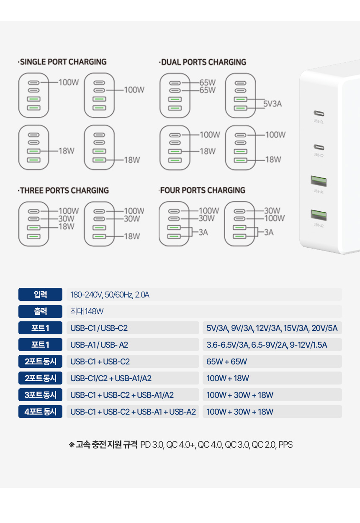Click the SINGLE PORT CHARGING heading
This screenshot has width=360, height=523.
click(62, 62)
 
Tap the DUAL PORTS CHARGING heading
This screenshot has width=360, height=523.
click(203, 62)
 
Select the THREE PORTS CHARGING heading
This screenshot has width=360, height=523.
click(63, 190)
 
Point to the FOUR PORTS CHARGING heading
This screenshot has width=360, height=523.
click(202, 190)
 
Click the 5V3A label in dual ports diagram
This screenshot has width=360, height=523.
click(273, 104)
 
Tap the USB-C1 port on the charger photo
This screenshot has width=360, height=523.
click(319, 114)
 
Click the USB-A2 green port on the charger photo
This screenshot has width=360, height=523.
click(319, 215)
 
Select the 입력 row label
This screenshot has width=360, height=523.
click(41, 295)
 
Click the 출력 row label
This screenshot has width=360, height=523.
click(41, 311)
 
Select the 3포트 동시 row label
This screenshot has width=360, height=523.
click(41, 395)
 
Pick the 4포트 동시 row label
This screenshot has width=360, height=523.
click(41, 412)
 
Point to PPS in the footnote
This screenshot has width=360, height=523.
click(285, 445)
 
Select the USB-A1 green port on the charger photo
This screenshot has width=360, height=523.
click(319, 181)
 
